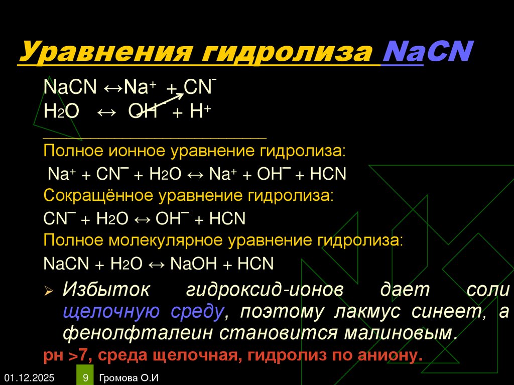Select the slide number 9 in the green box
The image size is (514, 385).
pyautogui.click(x=85, y=377)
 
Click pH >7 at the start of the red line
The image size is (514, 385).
pyautogui.click(x=65, y=355)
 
